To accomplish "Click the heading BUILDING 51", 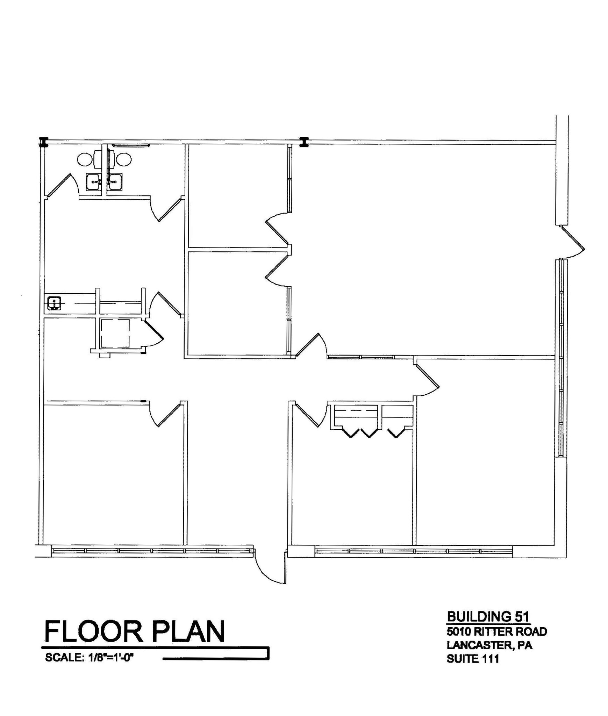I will tap(488, 616).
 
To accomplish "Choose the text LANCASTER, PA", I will tap(489, 645).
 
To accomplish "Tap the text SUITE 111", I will tap(472, 659).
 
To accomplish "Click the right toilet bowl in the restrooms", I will tap(124, 159).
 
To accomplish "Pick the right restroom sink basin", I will tap(115, 182).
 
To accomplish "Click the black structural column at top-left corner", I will tap(43, 141).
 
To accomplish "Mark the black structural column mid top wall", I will tap(304, 141).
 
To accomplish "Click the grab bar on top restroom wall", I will tap(131, 145).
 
